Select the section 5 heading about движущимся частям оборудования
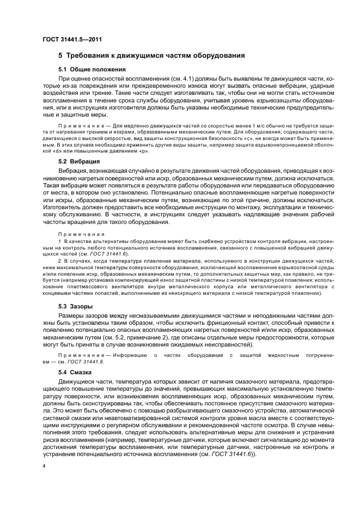[x=151, y=56]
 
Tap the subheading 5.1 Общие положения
[x=92, y=70]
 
